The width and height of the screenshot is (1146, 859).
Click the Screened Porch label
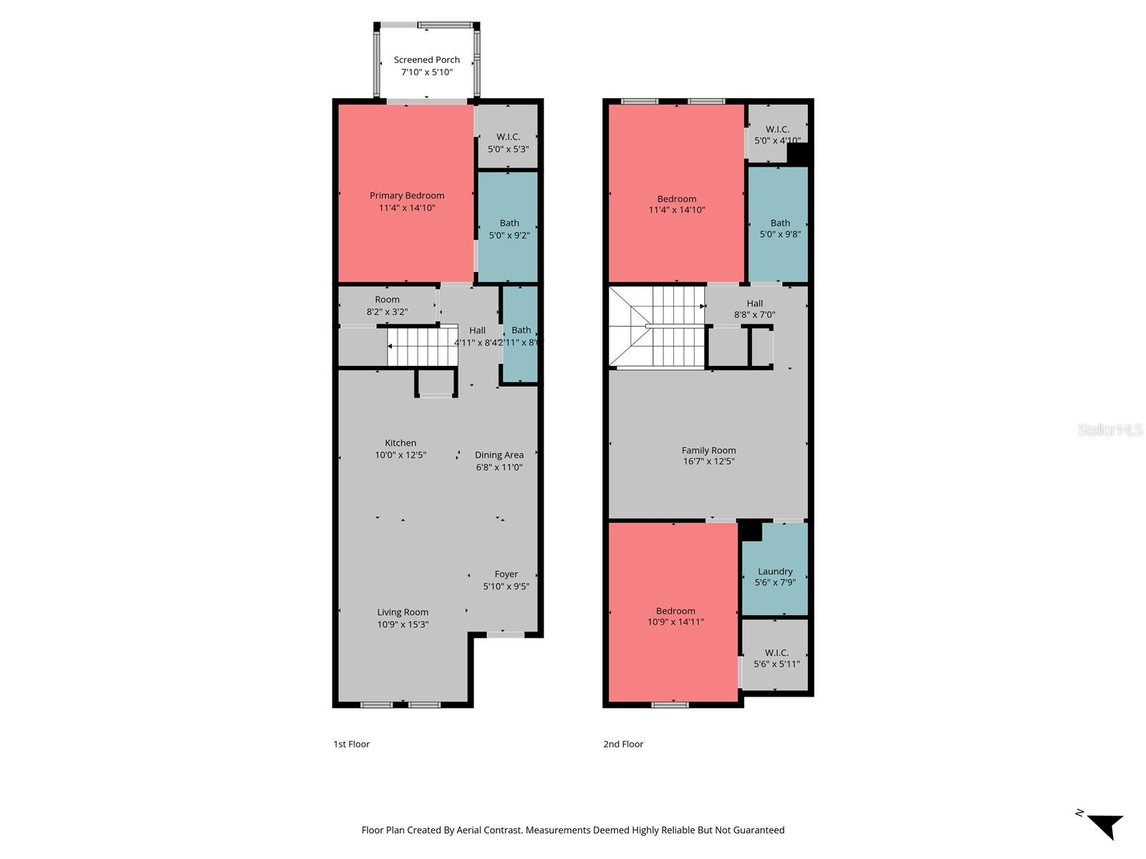[427, 60]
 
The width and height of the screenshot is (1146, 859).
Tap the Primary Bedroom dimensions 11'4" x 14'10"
[407, 208]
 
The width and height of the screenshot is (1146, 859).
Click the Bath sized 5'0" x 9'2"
[509, 228]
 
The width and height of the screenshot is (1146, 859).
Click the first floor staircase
[423, 346]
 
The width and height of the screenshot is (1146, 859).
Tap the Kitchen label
[400, 443]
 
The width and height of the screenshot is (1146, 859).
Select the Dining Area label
[499, 455]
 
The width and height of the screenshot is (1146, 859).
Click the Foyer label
[506, 574]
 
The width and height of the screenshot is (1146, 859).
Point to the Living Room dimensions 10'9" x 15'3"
[403, 624]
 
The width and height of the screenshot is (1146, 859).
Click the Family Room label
[708, 450]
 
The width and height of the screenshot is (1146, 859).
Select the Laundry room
[775, 576]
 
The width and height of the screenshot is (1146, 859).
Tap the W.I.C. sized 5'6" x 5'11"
[776, 658]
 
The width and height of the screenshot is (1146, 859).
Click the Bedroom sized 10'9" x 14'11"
[675, 616]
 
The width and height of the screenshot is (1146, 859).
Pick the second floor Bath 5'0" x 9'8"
[780, 228]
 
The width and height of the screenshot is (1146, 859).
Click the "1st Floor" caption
[351, 744]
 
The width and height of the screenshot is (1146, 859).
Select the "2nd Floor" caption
[623, 744]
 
